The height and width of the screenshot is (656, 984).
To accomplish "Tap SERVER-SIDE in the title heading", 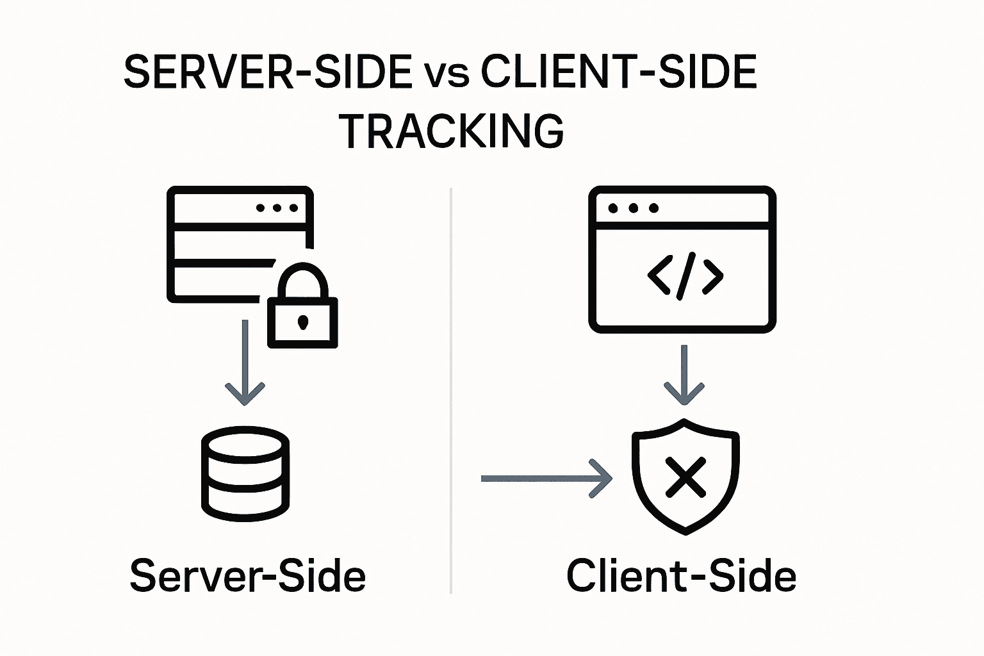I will pyautogui.click(x=268, y=72).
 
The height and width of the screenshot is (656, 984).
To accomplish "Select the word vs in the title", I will pyautogui.click(x=446, y=73).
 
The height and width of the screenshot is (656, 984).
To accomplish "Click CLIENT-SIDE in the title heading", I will pyautogui.click(x=619, y=72).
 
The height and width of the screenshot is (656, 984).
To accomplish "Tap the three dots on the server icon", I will pyautogui.click(x=277, y=208).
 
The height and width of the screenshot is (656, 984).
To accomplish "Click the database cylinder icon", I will pyautogui.click(x=245, y=473).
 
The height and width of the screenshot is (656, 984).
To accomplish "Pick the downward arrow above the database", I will pyautogui.click(x=245, y=363).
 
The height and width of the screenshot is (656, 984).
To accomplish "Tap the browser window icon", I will pyautogui.click(x=682, y=259).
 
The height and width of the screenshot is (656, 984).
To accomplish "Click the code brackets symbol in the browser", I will pyautogui.click(x=685, y=276).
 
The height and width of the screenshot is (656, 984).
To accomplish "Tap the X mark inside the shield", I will pyautogui.click(x=685, y=477).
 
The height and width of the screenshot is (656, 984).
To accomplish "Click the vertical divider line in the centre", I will pyautogui.click(x=452, y=391).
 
